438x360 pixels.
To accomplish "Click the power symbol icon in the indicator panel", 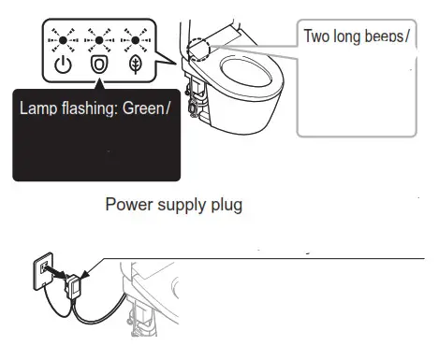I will (x=63, y=66).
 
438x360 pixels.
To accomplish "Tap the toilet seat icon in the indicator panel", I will (x=97, y=66).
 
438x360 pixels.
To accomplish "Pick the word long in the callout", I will (x=349, y=38).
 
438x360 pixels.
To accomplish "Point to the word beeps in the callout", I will (x=388, y=38).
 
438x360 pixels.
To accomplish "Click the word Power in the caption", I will (x=128, y=204).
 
